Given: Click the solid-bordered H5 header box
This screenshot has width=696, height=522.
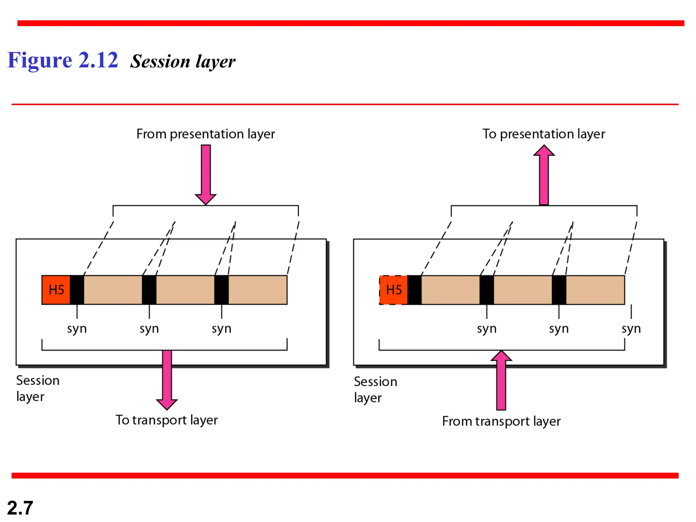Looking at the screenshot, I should tap(56, 290).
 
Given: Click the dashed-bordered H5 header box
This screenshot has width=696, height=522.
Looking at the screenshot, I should tap(393, 290).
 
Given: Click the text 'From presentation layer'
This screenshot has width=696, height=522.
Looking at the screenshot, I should tap(205, 134).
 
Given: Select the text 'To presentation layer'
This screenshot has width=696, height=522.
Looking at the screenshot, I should tap(543, 134).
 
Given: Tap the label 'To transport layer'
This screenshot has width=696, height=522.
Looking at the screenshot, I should tap(167, 420).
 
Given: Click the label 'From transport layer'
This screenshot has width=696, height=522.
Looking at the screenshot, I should tap(501, 421).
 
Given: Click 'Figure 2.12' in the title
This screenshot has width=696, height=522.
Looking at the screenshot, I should tap(63, 60).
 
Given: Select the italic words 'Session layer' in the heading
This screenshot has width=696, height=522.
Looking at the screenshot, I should tap(183, 62).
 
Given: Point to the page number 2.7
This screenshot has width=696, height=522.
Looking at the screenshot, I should tap(20, 508).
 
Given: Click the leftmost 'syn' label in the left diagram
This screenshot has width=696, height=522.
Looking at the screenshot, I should tap(77, 329).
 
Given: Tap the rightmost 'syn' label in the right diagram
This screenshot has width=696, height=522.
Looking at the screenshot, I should tap(631, 329).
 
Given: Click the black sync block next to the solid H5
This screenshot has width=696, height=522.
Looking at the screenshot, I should tap(77, 290).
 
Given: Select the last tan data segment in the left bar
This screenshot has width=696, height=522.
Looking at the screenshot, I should tap(258, 290).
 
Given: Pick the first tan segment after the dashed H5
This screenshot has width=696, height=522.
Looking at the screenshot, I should tap(450, 290).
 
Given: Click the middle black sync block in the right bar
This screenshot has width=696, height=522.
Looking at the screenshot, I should tap(487, 290).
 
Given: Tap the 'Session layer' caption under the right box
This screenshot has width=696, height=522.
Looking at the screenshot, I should tap(375, 389).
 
